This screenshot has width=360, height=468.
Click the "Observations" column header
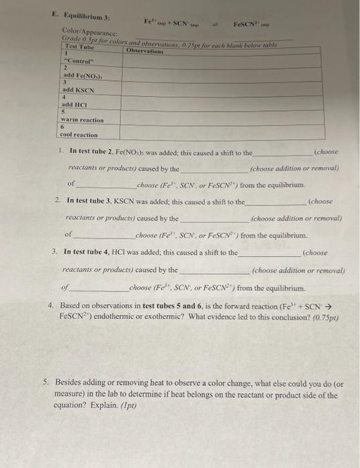(146, 51)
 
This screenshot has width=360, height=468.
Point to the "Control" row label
(80, 67)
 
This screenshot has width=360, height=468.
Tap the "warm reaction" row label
(84, 120)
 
